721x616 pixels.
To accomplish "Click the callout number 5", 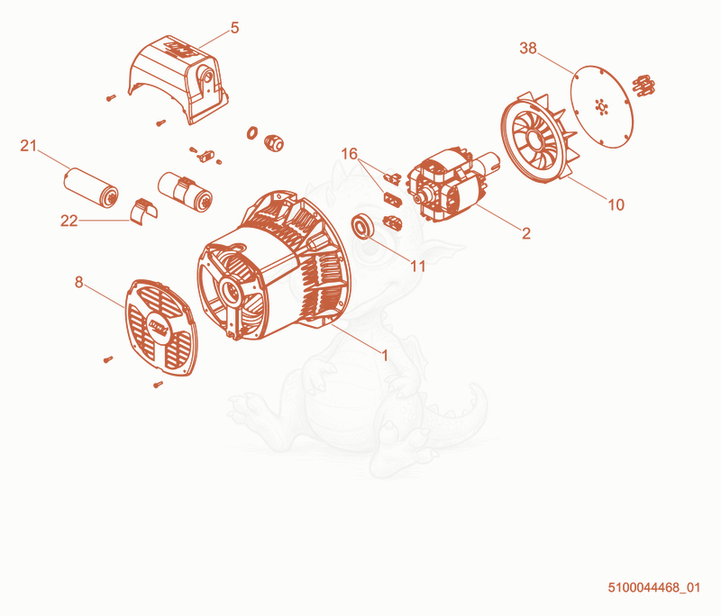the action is tap(234, 28).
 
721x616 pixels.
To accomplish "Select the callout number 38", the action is tap(528, 48).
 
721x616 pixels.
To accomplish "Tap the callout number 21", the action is tap(28, 146).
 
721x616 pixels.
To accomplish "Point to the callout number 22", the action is tap(69, 221).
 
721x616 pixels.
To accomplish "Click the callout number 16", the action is tap(350, 153).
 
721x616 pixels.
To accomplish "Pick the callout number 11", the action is tap(418, 266).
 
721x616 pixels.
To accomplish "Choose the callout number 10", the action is tap(616, 204).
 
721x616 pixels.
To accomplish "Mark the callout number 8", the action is tap(79, 282).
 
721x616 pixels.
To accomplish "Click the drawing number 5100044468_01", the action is tap(654, 587).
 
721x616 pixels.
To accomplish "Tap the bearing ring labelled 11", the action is tap(364, 226).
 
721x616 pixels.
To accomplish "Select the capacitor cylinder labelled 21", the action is tap(91, 188).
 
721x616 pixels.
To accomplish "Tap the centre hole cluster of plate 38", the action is tap(601, 106).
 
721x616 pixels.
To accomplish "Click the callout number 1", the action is tap(386, 355).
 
